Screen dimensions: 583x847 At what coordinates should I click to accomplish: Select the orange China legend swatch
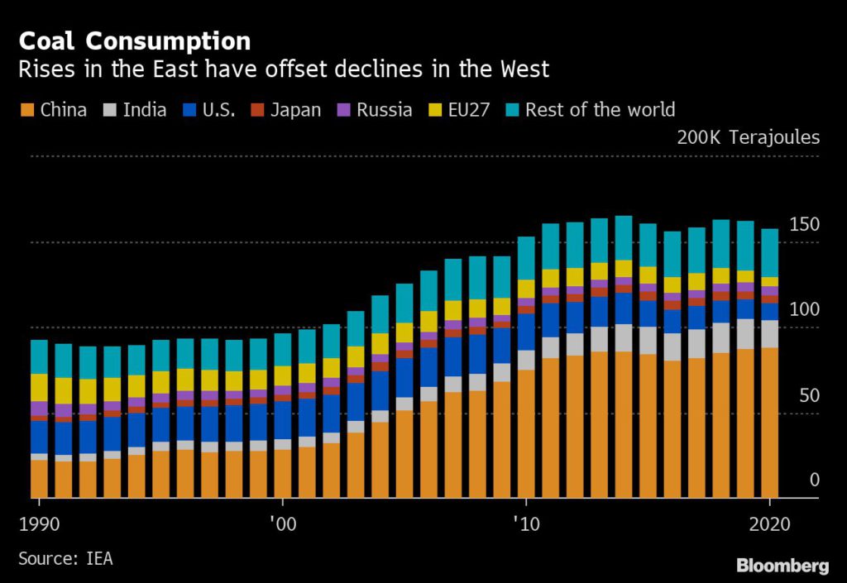[x=26, y=110]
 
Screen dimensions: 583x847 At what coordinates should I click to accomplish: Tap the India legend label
[x=145, y=110]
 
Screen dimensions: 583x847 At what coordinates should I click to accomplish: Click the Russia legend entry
[x=384, y=110]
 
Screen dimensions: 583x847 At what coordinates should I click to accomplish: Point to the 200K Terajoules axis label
[x=748, y=137]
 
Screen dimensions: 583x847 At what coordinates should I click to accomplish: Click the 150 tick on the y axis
[x=804, y=225]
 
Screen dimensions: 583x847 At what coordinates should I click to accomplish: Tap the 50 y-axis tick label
[x=809, y=395]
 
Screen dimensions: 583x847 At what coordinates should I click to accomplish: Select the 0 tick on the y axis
[x=814, y=480]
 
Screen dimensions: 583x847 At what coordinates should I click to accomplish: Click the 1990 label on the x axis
[x=40, y=523]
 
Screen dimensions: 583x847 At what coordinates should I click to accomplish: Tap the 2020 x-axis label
[x=769, y=523]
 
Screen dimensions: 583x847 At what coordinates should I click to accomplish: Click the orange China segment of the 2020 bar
[x=769, y=422]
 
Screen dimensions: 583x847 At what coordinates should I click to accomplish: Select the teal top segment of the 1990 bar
[x=39, y=356]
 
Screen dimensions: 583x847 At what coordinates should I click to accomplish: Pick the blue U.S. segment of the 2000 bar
[x=283, y=419]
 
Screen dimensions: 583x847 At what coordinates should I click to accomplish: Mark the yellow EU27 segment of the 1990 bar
[x=39, y=387]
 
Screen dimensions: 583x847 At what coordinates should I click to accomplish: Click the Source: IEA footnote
[x=65, y=559]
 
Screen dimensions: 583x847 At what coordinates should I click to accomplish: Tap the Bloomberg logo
[x=782, y=566]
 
